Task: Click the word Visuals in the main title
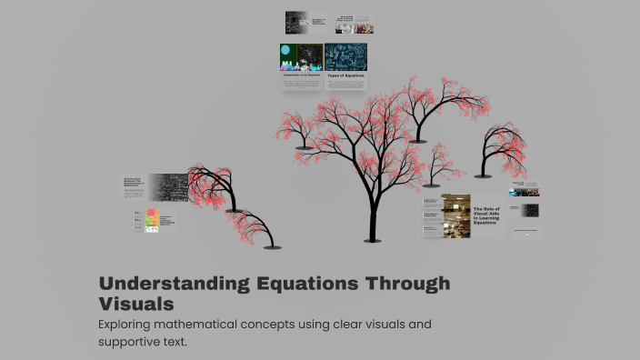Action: [x=135, y=304]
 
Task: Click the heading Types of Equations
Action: [x=345, y=75]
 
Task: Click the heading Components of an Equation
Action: [x=302, y=75]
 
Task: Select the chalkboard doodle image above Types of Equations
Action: [x=346, y=56]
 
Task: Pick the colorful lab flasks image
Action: [x=302, y=56]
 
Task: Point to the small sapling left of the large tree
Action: [x=306, y=136]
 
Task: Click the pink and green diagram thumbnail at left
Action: [x=152, y=220]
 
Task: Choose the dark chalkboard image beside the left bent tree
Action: [x=168, y=187]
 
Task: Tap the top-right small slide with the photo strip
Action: [x=355, y=25]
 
